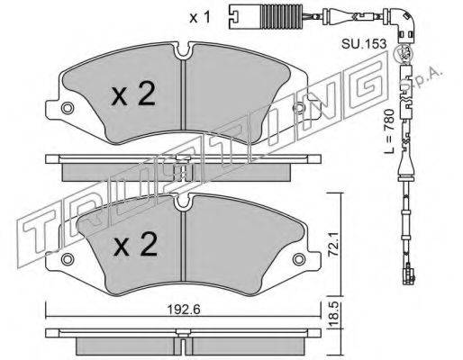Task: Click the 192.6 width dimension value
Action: (x=183, y=310)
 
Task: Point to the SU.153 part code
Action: (x=364, y=44)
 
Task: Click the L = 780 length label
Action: (x=389, y=132)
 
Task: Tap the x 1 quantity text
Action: (x=200, y=18)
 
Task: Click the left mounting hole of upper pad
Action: (x=67, y=108)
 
